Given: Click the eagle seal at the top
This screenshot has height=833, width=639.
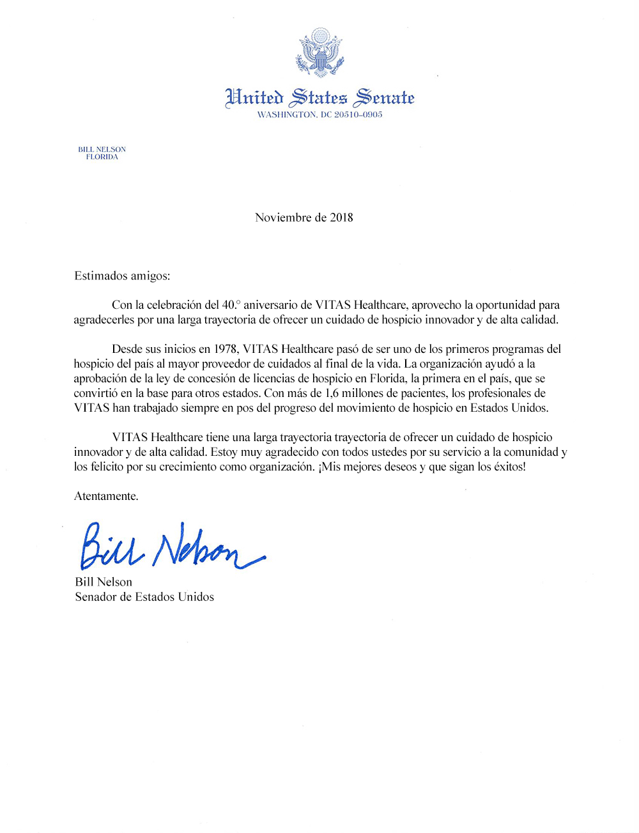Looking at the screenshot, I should tap(319, 52).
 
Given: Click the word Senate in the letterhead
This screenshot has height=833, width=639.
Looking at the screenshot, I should tap(385, 97).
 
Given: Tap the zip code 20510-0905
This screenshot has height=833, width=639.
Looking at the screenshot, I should tap(358, 115).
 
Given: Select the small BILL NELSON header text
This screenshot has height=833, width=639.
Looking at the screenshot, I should tap(102, 150).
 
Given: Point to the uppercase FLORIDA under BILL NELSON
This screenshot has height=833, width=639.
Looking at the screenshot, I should tap(102, 157).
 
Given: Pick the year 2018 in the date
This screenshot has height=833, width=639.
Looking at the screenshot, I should tap(341, 217).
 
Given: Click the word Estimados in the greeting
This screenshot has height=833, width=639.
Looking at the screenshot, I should tap(101, 276).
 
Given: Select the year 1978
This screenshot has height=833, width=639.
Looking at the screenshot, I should tap(225, 349).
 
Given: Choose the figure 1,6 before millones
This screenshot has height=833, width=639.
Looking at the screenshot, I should tap(332, 393).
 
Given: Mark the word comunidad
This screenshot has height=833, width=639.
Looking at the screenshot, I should tap(532, 452).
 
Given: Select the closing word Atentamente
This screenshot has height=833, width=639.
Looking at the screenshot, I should tap(106, 496).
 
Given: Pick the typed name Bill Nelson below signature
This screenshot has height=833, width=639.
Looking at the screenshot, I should tap(104, 582).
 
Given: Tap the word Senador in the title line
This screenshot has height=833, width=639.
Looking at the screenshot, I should tap(96, 596).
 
